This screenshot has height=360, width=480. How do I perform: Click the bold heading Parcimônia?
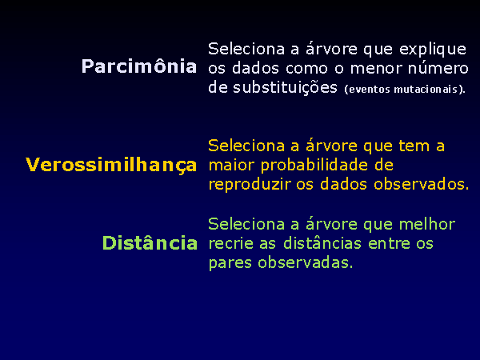point(139,66)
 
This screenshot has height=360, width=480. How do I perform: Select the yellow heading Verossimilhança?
point(111,166)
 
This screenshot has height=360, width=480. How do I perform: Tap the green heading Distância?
point(150,242)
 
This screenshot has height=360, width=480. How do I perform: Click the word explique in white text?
point(433,50)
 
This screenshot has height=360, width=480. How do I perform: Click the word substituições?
point(285,87)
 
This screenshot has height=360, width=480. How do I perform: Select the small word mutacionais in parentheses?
point(426,90)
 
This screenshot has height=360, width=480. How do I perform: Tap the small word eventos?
point(370,90)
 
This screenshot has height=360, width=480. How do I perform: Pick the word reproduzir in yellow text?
point(250,185)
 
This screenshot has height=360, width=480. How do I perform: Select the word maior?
point(231,166)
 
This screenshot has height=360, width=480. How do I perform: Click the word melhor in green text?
point(427,224)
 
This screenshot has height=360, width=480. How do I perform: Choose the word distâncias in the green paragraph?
point(322,243)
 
